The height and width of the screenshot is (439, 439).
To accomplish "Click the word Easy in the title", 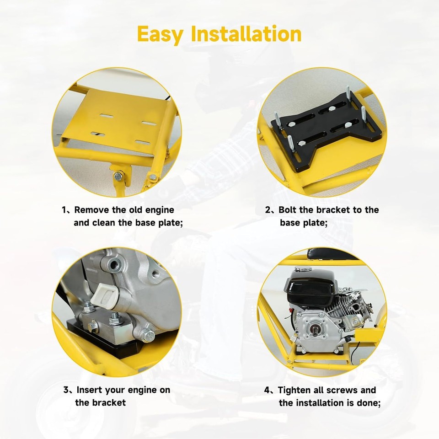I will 160,34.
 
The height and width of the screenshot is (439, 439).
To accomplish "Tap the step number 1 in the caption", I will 64,210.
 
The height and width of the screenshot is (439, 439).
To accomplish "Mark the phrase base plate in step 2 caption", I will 304,223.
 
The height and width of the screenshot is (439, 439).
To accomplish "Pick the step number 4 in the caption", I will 268,390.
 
